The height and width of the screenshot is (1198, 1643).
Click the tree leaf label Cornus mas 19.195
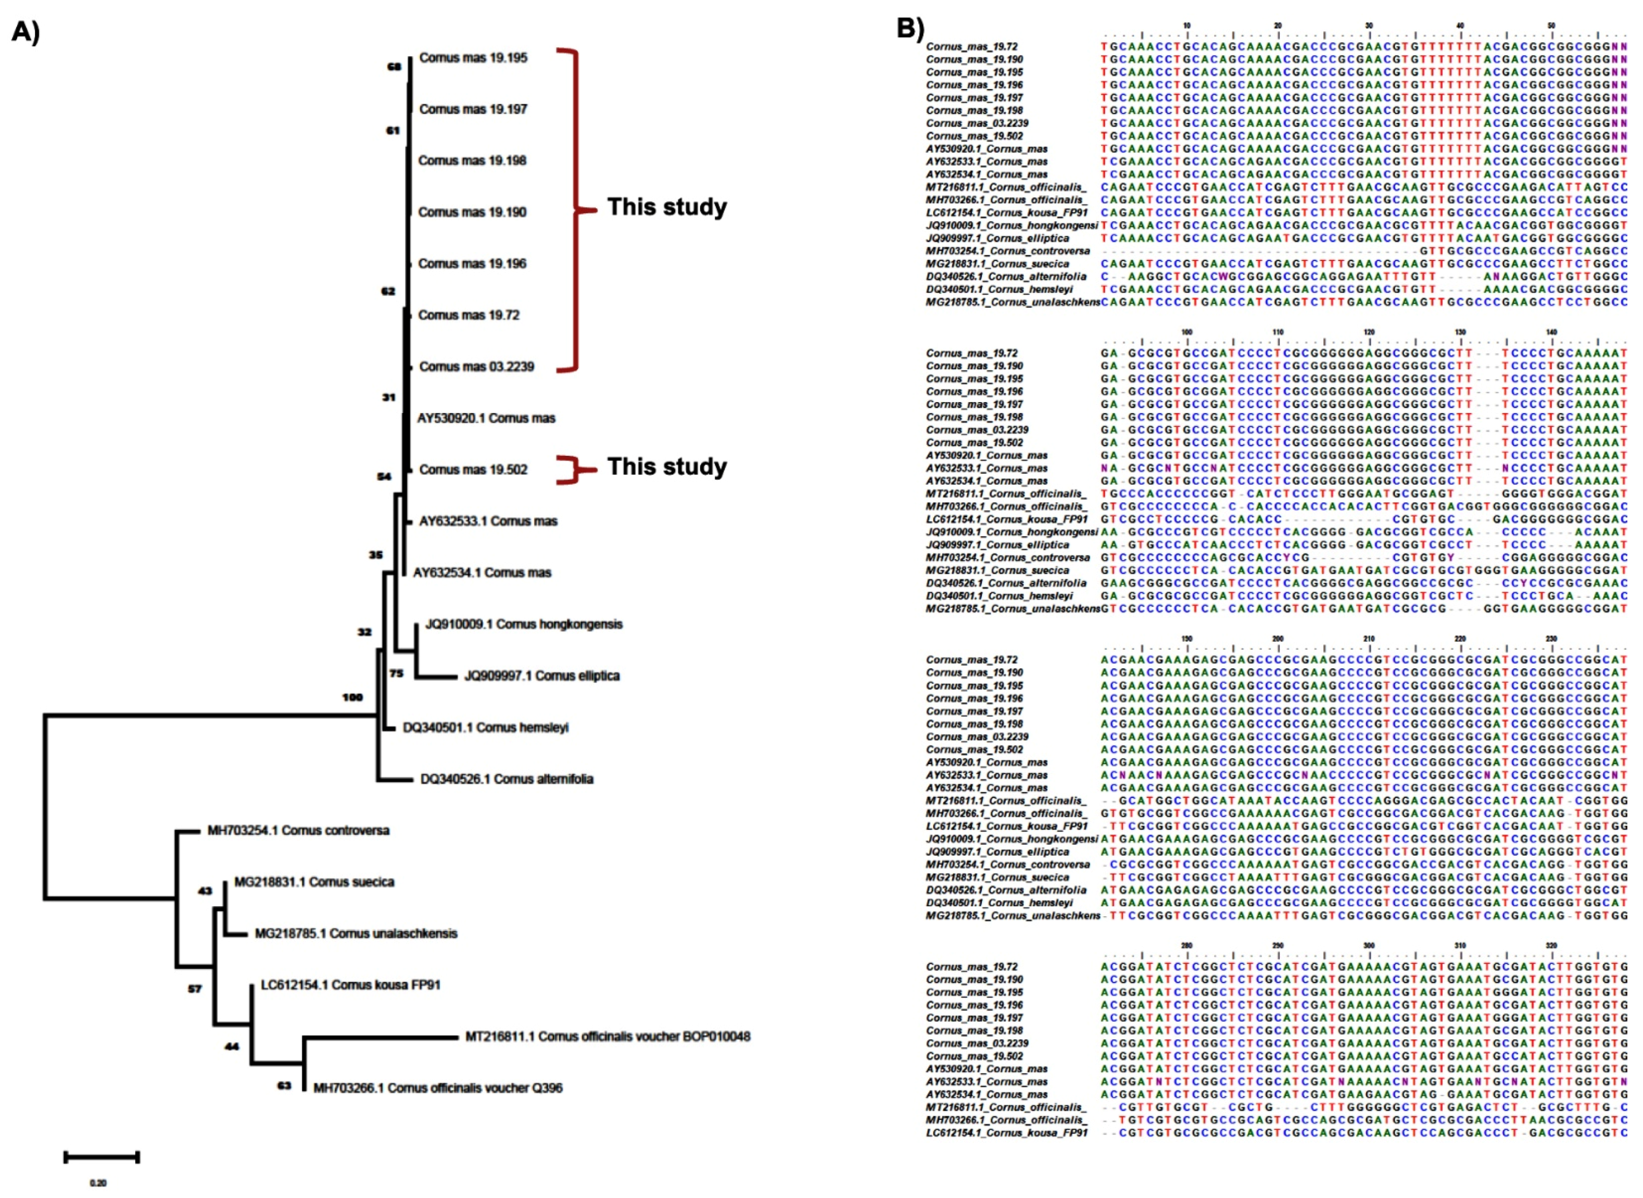pyautogui.click(x=473, y=58)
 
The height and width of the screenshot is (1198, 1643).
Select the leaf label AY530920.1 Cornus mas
pyautogui.click(x=486, y=418)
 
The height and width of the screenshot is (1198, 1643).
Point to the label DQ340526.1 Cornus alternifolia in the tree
pyautogui.click(x=507, y=779)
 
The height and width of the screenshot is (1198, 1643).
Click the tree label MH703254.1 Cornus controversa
pyautogui.click(x=298, y=830)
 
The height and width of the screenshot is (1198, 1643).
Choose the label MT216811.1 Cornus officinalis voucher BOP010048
pyautogui.click(x=608, y=1037)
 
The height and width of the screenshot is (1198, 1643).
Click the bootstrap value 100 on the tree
pyautogui.click(x=352, y=697)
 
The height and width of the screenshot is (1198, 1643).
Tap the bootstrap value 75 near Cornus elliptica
pyautogui.click(x=396, y=673)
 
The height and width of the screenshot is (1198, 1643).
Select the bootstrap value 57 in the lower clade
pyautogui.click(x=195, y=989)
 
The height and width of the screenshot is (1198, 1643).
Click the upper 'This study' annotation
pyautogui.click(x=667, y=207)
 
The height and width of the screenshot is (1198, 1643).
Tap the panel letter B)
pyautogui.click(x=911, y=28)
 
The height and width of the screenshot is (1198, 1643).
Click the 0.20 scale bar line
pyautogui.click(x=102, y=1157)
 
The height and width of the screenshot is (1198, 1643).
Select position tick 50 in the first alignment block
pyautogui.click(x=1551, y=26)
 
